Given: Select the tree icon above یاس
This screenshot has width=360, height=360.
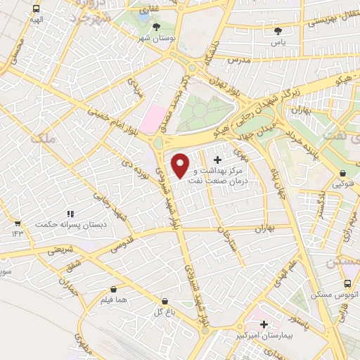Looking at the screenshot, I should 278,31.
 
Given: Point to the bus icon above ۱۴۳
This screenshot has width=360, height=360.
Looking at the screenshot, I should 17,222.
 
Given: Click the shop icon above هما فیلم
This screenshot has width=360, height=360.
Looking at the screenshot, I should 114,288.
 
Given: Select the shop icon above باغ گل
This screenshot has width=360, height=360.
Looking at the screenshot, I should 165,300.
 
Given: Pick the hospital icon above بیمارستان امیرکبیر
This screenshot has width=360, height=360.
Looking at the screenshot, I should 264,324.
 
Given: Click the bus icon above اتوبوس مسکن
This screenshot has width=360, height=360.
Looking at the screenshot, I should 347,283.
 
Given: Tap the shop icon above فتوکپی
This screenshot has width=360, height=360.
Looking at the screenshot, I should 342,173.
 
